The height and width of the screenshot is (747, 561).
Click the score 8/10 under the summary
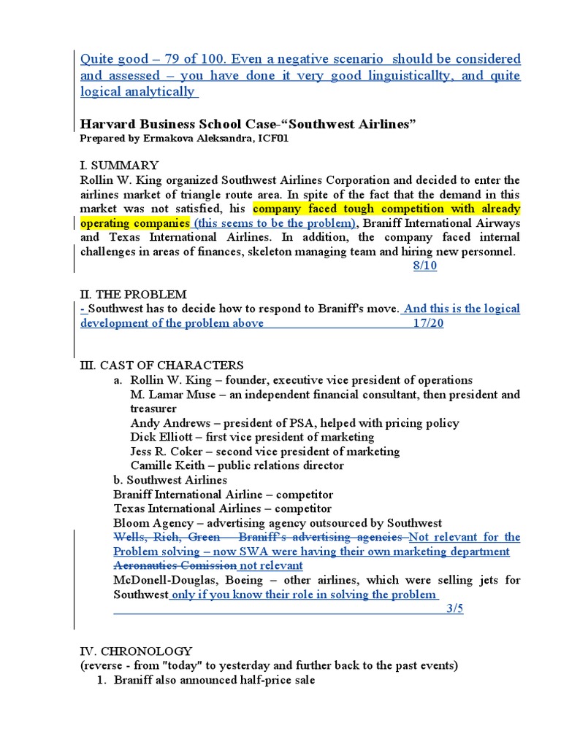point(424,266)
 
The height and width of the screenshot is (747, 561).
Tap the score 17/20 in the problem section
point(427,323)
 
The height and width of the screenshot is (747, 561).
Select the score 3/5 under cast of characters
point(454,608)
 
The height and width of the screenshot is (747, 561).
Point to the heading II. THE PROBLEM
point(133,294)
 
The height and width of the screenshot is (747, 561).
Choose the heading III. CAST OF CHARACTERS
point(161,365)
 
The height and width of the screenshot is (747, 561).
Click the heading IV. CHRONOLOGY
point(136,651)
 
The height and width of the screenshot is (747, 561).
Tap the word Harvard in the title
point(106,125)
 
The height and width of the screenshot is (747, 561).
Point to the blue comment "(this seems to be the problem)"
point(273,222)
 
